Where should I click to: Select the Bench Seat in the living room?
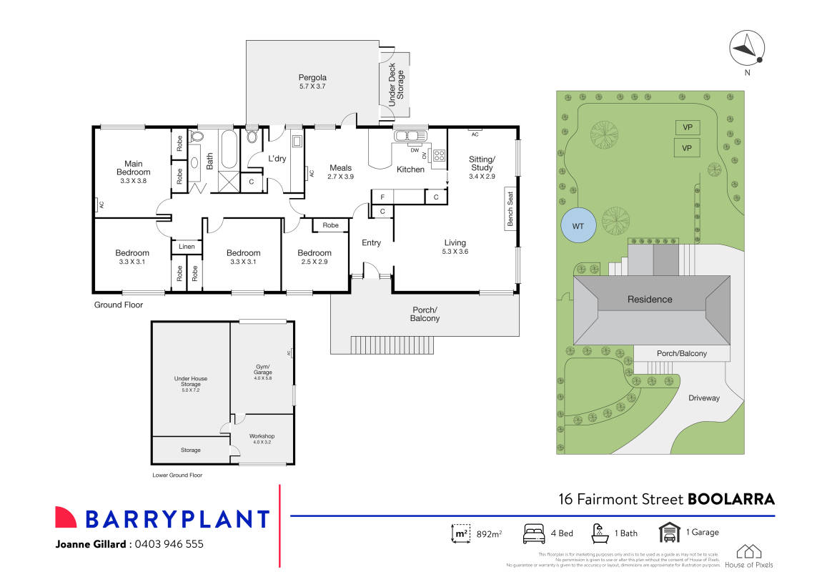510,209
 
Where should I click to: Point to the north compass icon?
747,48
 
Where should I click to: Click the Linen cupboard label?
187,247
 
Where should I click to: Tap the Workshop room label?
262,436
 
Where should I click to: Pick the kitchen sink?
410,136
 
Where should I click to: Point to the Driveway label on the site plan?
703,398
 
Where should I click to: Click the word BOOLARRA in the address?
731,499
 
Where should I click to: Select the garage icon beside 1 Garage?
669,533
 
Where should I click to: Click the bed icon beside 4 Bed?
535,533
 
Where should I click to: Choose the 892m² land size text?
489,533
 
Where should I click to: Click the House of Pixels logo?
748,556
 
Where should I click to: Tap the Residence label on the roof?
650,299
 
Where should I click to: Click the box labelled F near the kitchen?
382,197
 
